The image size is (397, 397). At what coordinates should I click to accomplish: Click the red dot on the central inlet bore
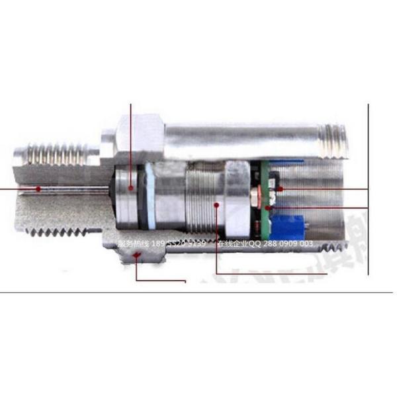coord(39,189)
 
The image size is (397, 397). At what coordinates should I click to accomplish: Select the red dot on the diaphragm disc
coord(131,188)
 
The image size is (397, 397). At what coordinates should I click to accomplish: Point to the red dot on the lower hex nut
coord(137,259)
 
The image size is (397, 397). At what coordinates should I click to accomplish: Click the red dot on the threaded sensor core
coord(218,206)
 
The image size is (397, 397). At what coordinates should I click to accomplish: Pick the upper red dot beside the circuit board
coord(280,189)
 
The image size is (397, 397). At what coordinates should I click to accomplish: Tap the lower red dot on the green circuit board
coord(268,207)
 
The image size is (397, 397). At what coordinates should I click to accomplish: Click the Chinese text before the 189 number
coord(133,243)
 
